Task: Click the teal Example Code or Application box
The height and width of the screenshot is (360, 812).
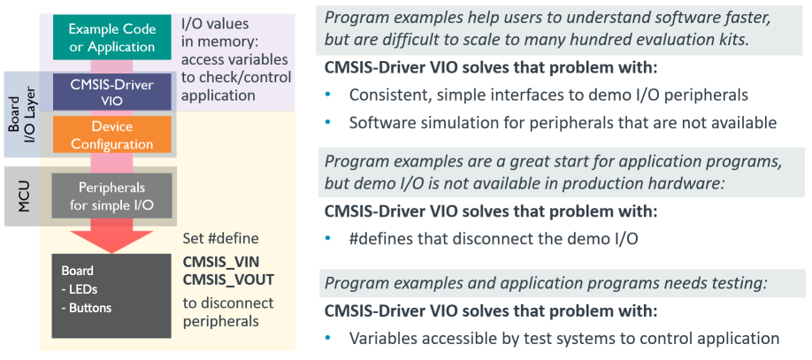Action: pos(111,37)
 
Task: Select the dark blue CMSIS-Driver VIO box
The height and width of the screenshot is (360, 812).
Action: pos(111,92)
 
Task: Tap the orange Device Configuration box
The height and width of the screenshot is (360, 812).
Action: pos(111,134)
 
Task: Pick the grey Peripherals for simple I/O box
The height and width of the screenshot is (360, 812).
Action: pos(111,195)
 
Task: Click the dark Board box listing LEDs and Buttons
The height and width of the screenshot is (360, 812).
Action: pos(111,295)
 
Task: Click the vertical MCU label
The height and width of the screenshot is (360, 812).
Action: pos(23,196)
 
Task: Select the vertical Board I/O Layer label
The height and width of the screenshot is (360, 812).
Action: pos(21,115)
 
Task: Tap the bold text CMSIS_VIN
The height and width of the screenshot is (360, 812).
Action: pos(220,262)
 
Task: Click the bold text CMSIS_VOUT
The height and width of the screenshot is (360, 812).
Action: pos(228,280)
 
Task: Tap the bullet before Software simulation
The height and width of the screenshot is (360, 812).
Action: pos(327,123)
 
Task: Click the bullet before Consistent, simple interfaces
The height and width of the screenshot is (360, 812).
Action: pos(327,95)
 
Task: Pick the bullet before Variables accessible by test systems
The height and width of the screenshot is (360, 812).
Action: pos(327,338)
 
